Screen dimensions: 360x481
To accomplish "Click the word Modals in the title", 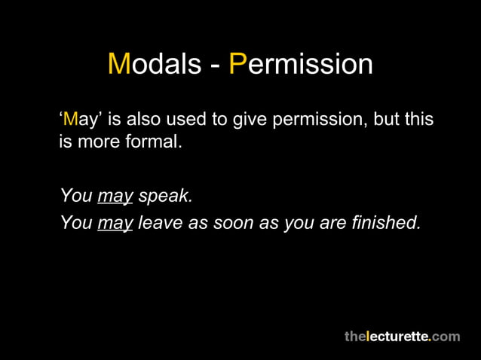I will coord(154,64).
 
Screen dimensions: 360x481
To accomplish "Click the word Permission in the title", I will coord(301,64).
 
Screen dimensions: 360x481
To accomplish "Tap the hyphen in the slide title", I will coord(214,66).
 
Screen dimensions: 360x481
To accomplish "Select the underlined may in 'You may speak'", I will coord(115,197).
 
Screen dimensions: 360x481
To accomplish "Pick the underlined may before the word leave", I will coord(115,223).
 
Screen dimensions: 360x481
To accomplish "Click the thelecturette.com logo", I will coord(402,336).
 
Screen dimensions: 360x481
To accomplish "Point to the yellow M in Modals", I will coord(120,64).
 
